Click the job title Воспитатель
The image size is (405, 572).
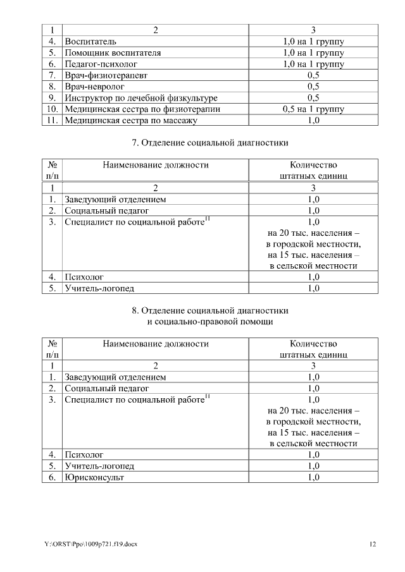click(x=90, y=41)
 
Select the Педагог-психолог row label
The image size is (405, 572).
click(x=101, y=64)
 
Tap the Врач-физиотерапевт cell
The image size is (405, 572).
click(x=104, y=75)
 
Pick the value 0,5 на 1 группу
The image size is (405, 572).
click(x=313, y=109)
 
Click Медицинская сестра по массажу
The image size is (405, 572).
click(x=131, y=121)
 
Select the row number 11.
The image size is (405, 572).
click(x=53, y=121)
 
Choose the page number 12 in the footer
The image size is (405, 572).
click(x=373, y=544)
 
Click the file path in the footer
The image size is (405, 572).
click(x=90, y=544)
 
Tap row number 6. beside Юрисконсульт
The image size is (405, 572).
click(x=53, y=477)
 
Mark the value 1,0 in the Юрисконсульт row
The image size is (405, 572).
click(x=313, y=477)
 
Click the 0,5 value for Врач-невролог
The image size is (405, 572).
click(x=313, y=87)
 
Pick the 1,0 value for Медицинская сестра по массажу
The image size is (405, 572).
click(x=313, y=121)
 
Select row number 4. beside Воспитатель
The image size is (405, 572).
click(x=53, y=41)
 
